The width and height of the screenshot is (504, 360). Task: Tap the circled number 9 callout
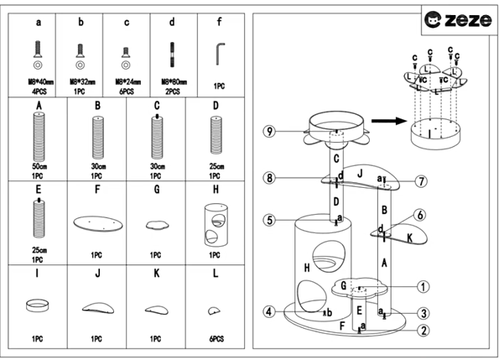point(268,132)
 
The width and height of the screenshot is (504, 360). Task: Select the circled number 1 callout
point(423,286)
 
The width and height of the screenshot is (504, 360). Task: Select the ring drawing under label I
point(38,305)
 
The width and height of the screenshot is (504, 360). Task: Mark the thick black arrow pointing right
point(385,122)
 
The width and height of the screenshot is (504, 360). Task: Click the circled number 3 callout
point(424,313)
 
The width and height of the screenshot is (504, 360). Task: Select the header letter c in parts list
point(127,23)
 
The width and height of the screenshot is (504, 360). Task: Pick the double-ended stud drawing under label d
point(172,55)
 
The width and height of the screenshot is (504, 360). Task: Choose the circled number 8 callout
point(268,178)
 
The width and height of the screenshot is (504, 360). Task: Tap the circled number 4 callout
point(268,312)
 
